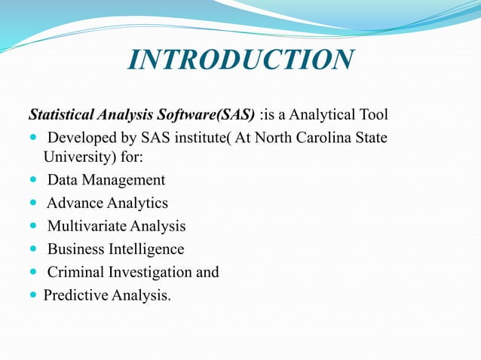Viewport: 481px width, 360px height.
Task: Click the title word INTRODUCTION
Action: click(240, 60)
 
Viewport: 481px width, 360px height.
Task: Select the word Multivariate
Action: click(87, 226)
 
